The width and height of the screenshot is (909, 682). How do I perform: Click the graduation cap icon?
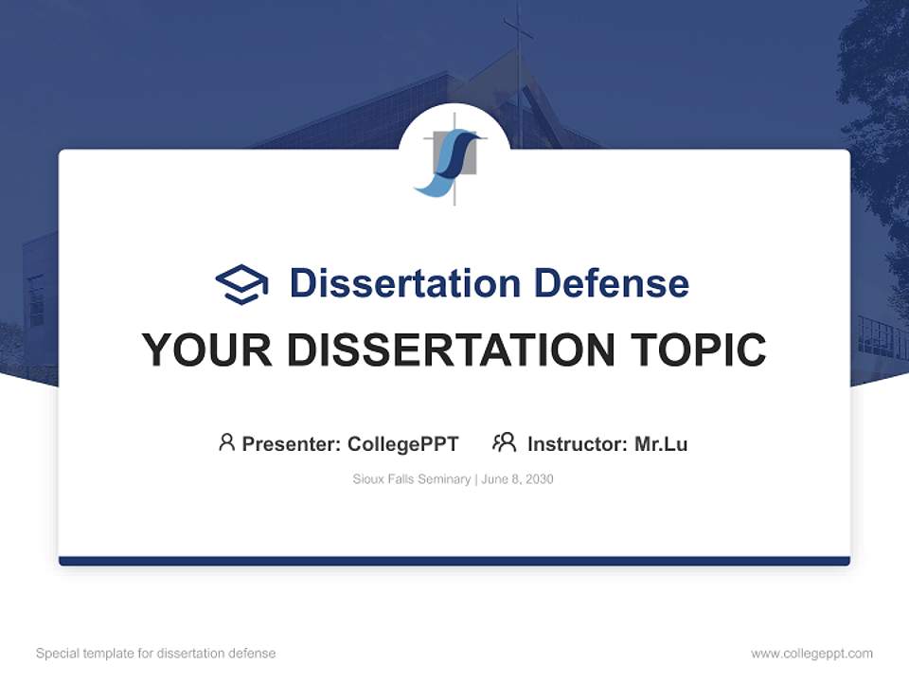(x=241, y=284)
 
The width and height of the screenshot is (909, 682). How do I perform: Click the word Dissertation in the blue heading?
(x=404, y=283)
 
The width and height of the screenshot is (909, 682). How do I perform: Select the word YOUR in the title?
(x=206, y=350)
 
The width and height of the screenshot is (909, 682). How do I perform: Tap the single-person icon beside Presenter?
(x=226, y=442)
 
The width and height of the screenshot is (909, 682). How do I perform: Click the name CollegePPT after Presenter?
(x=403, y=443)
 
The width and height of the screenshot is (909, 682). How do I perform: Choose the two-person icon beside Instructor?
(x=504, y=442)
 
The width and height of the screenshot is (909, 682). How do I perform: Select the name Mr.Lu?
(x=661, y=443)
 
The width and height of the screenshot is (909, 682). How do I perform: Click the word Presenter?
(x=292, y=443)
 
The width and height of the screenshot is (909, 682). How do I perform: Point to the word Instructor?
(x=577, y=443)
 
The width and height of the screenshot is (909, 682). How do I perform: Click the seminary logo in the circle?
(x=454, y=156)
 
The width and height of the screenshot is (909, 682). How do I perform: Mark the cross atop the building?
(x=517, y=33)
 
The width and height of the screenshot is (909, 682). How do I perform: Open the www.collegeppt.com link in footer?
(x=811, y=654)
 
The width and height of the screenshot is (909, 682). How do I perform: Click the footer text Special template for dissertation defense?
(x=156, y=654)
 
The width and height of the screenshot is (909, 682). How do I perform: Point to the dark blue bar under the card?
(x=454, y=561)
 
